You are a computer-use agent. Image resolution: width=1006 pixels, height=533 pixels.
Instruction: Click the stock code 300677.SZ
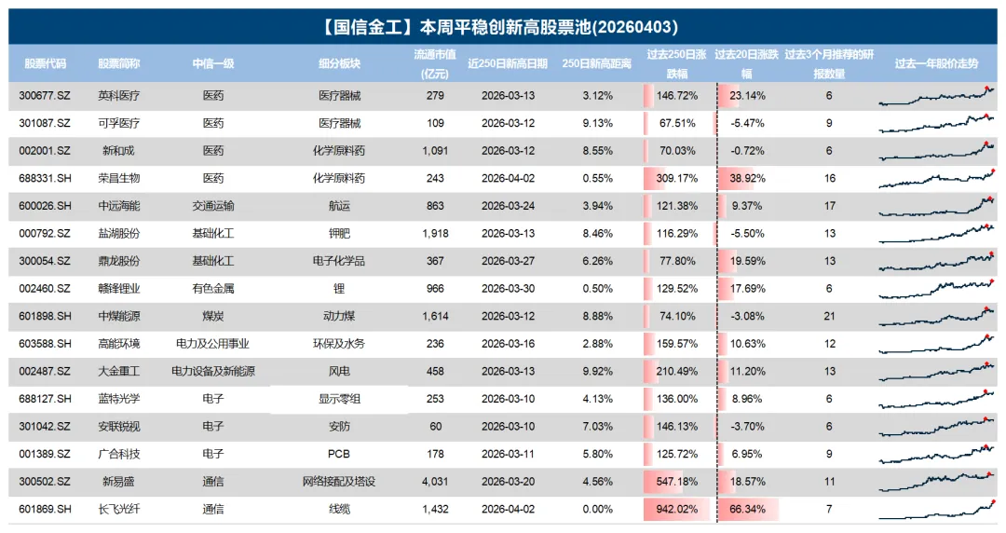45,96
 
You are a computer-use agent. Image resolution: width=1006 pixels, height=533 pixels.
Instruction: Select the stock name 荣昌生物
120,178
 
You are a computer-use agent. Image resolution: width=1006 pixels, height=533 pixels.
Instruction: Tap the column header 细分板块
339,64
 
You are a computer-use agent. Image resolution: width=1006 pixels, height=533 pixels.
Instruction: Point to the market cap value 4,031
434,482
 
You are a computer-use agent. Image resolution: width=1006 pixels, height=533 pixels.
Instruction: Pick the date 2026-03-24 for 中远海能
508,206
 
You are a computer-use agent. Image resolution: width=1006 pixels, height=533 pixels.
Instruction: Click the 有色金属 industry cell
213,289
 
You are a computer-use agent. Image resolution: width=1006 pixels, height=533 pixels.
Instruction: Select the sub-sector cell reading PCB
339,454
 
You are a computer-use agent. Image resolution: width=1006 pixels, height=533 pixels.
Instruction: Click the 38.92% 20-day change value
748,178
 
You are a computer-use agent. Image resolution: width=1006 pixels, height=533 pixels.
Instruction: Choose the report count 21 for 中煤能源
829,316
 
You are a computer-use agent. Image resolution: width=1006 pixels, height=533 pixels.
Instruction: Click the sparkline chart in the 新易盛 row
936,480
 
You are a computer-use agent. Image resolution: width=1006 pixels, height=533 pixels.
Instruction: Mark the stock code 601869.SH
45,510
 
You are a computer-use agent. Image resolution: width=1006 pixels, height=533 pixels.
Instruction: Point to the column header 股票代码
45,64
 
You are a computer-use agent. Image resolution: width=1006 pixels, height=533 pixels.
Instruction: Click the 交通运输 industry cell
213,206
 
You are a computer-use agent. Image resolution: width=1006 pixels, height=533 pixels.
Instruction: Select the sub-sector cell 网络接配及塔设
339,482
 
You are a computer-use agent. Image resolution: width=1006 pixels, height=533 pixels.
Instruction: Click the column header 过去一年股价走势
936,64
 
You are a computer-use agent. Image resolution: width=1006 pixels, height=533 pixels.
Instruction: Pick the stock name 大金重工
120,371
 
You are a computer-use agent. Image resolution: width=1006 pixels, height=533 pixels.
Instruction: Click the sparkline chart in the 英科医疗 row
936,95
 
